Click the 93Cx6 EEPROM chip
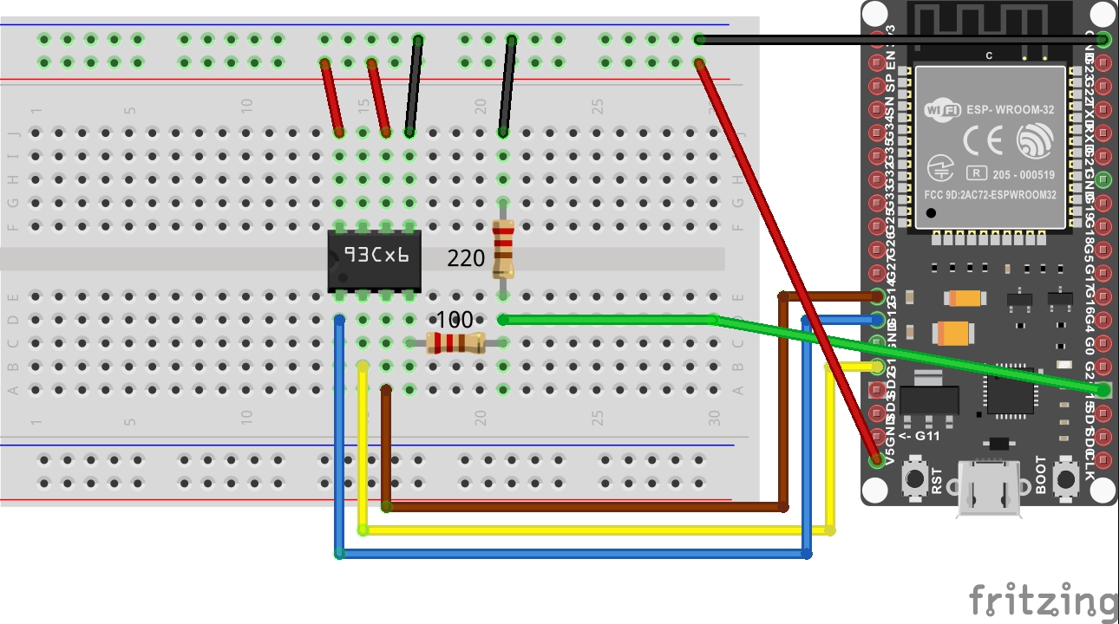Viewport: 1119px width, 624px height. [374, 259]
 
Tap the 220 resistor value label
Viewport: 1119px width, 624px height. [466, 257]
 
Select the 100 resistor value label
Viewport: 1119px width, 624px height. [455, 320]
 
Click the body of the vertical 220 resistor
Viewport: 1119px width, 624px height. [502, 249]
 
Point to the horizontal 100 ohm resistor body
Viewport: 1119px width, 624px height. [455, 343]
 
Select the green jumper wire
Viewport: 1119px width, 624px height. [607, 320]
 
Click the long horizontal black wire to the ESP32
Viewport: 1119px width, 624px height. [902, 39]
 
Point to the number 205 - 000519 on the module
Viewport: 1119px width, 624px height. [1021, 172]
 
